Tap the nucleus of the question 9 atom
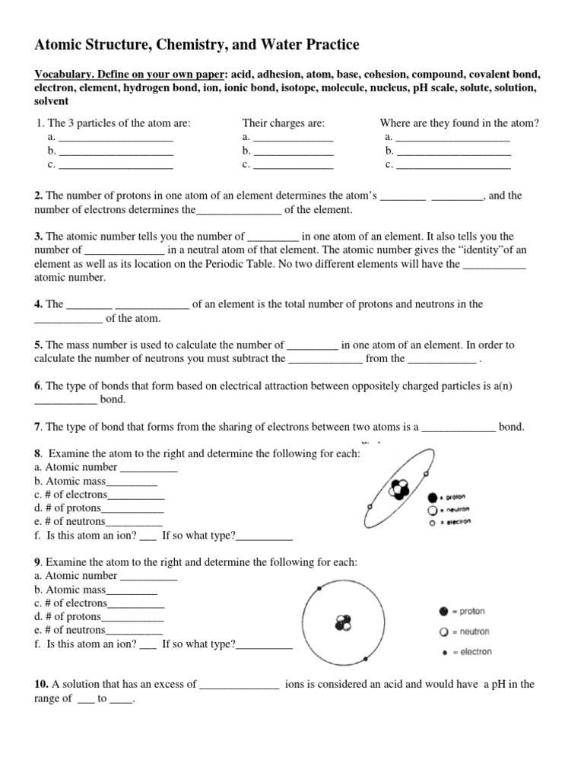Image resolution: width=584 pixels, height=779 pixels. point(344,624)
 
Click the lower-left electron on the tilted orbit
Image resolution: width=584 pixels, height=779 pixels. point(369,507)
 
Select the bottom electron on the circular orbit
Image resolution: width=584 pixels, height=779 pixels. point(366,659)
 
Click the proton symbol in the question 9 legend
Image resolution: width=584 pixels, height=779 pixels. point(443,611)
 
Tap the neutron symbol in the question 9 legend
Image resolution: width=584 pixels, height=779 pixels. point(443,631)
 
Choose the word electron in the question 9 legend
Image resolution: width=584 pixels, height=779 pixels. point(475,651)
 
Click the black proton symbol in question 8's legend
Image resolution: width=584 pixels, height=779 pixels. point(433,495)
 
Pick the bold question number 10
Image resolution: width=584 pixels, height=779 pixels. point(42,684)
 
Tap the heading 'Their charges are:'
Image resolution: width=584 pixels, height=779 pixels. point(284,123)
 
